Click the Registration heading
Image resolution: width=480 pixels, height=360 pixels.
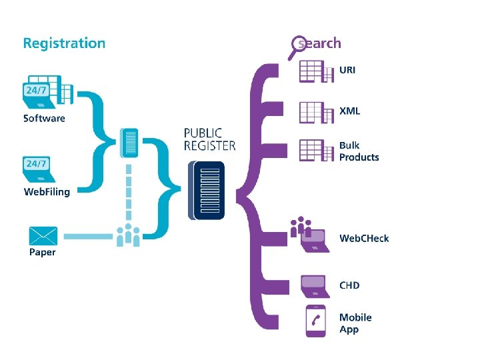click(x=64, y=44)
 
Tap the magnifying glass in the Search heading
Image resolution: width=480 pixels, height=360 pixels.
click(x=297, y=46)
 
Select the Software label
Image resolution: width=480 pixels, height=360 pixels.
click(x=44, y=119)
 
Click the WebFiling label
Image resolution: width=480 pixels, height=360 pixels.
click(x=47, y=192)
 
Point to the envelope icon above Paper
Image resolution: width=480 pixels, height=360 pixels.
click(x=43, y=236)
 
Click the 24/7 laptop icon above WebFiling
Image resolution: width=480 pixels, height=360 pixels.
click(x=39, y=169)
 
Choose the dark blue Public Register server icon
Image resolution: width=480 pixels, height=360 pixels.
click(x=206, y=191)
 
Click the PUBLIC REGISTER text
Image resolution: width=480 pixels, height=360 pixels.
click(x=210, y=139)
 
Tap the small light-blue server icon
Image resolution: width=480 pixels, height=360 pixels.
click(x=129, y=143)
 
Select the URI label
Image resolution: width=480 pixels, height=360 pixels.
click(x=347, y=70)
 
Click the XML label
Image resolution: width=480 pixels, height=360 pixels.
click(x=349, y=111)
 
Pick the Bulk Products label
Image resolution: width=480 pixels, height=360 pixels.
click(x=359, y=151)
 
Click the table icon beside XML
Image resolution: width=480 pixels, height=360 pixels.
click(x=316, y=113)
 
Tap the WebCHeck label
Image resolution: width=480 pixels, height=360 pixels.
click(x=364, y=238)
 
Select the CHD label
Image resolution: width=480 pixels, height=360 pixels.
click(x=349, y=285)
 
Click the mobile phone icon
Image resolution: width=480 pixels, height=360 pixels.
click(x=316, y=321)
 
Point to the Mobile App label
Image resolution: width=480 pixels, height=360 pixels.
click(x=355, y=323)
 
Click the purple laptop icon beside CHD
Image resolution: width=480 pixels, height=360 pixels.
click(x=315, y=287)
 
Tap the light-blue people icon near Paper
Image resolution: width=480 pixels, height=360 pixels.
click(x=128, y=235)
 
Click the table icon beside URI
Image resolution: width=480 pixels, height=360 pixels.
click(x=316, y=71)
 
